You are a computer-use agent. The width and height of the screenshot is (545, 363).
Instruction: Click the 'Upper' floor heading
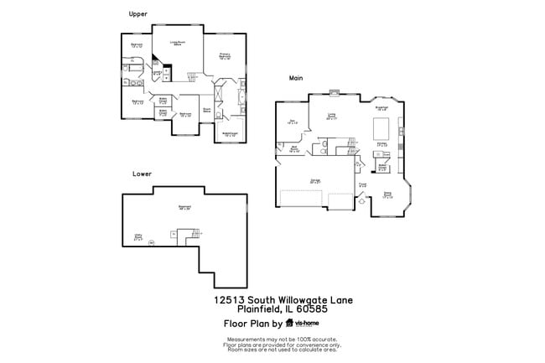pos(138,13)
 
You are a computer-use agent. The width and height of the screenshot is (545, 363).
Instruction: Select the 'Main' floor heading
pos(295,78)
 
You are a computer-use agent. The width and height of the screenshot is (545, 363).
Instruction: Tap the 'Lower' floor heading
pos(142,174)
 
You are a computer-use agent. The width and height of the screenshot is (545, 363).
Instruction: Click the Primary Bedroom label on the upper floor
pos(225,57)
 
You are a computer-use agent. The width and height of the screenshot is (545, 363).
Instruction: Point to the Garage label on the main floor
pos(316,180)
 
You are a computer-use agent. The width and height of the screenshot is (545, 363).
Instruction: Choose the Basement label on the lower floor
pos(184,208)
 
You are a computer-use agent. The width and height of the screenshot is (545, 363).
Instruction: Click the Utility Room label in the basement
pos(138,237)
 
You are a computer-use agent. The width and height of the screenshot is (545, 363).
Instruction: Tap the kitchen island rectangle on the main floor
pos(379,130)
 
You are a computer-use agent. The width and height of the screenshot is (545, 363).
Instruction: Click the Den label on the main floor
pos(293,122)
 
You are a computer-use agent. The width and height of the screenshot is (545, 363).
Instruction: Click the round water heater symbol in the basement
pos(152,243)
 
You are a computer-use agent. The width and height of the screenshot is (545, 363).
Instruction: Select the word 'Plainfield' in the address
pos(235,308)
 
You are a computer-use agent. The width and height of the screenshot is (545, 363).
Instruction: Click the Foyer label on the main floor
pos(362,184)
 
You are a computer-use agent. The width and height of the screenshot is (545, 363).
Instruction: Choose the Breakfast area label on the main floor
pos(381,108)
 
